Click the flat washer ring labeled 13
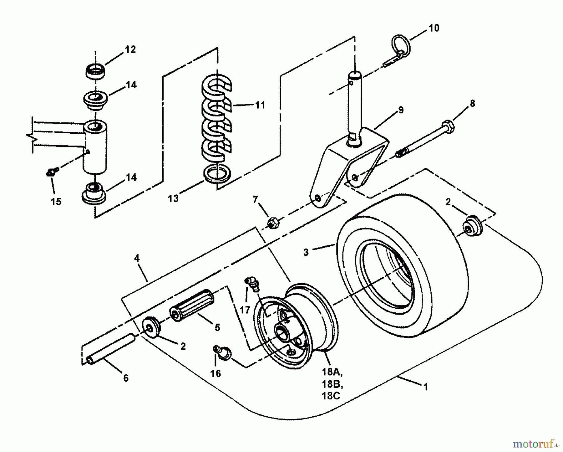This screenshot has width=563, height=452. [217, 174]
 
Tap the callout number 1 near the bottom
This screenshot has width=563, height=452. [425, 387]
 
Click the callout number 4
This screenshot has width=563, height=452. [136, 258]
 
